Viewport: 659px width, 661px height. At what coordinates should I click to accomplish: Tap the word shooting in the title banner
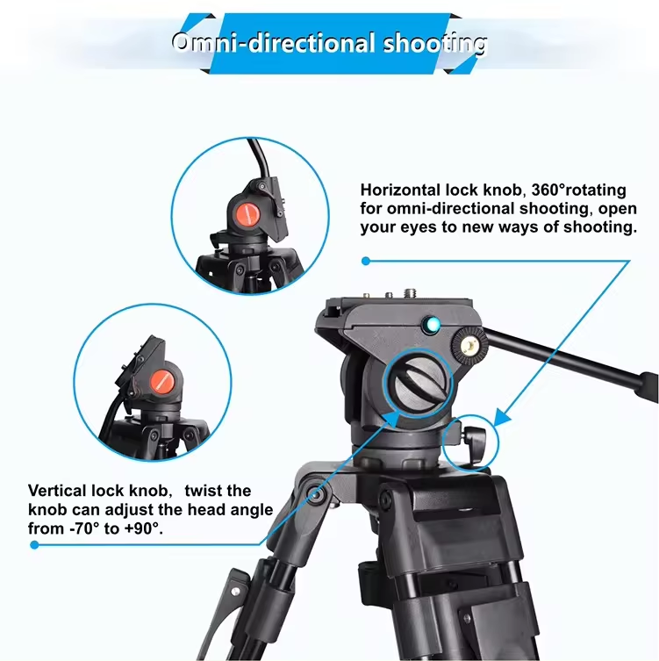(435, 45)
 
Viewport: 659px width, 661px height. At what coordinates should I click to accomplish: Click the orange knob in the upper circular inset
(247, 214)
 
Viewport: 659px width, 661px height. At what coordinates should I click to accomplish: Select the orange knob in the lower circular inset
(161, 382)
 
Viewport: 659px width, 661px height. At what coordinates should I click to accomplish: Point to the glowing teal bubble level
(432, 325)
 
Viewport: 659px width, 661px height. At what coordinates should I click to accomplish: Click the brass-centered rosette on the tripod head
(469, 346)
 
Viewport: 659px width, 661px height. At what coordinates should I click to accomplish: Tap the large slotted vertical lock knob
(418, 384)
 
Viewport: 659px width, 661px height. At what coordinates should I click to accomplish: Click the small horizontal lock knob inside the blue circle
(473, 441)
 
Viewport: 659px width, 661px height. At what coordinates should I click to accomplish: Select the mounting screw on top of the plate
(409, 292)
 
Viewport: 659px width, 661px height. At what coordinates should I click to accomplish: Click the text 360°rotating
(578, 190)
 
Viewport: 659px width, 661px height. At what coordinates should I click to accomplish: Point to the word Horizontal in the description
(400, 190)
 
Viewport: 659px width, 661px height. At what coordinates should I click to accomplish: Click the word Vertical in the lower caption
(58, 491)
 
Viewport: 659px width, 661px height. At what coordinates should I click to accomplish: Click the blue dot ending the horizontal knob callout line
(366, 262)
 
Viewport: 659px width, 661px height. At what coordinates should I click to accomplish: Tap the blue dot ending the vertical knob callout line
(34, 545)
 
